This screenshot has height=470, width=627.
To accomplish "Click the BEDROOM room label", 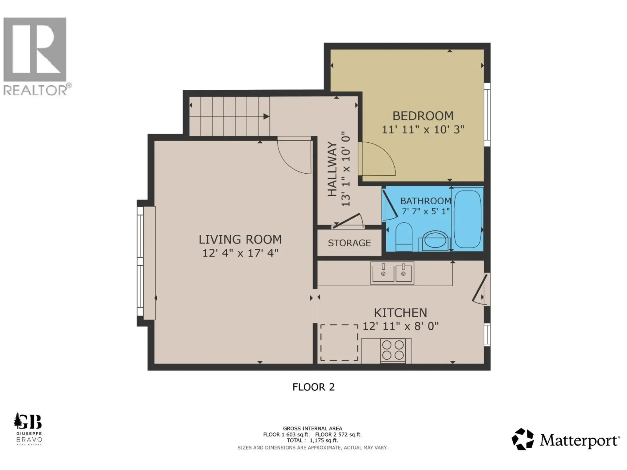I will point(423,116).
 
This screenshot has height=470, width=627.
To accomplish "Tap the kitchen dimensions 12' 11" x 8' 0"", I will point(400,326).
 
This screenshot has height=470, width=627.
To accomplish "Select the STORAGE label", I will point(349,243).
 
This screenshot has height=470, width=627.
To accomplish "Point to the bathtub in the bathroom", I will point(467,219).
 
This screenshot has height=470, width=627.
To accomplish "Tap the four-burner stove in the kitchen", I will point(393,350).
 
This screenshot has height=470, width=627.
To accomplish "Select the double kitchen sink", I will point(392,273).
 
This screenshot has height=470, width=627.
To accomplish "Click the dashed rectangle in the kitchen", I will point(339,342).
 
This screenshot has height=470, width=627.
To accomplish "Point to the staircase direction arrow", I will point(266,117).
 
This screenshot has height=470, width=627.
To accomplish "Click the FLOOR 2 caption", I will point(313,387).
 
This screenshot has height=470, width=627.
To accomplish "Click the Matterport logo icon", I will point(522,439).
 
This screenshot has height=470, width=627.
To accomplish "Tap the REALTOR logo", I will point(35,55).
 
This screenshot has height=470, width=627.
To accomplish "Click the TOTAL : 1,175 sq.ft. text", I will point(313,440).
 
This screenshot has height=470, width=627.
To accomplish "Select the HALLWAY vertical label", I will point(332,169).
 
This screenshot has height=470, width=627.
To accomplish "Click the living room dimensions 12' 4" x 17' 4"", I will point(240,253).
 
